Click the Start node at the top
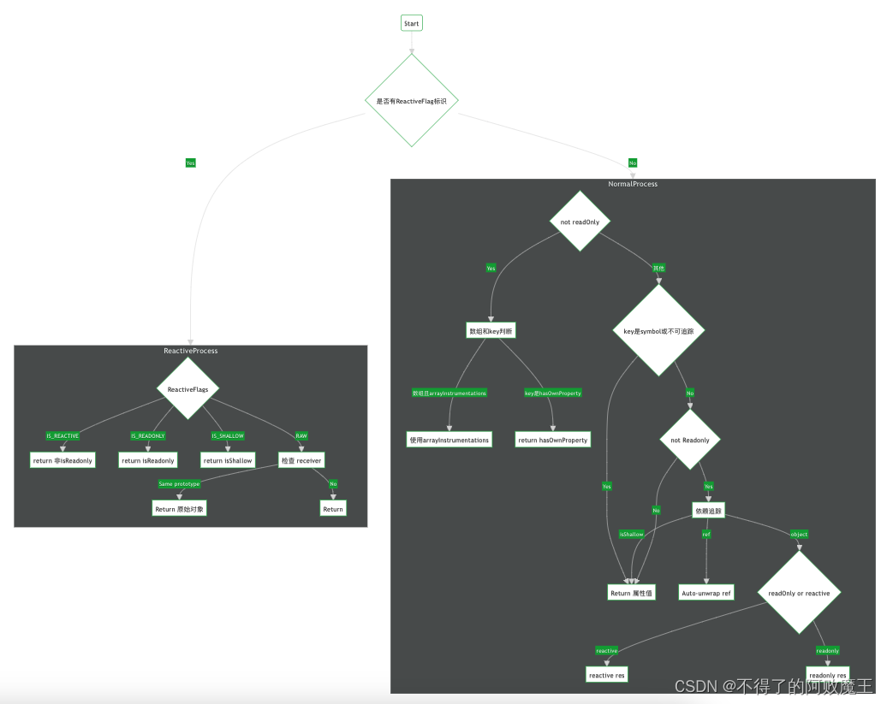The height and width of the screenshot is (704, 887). tap(411, 23)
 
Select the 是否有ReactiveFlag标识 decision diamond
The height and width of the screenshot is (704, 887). tap(411, 101)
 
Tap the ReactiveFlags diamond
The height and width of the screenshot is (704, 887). tap(188, 389)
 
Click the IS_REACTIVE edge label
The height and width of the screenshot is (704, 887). tap(63, 435)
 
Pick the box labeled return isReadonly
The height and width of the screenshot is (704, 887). tap(147, 460)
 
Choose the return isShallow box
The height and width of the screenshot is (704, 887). tap(228, 460)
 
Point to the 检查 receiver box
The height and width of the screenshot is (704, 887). tap(301, 460)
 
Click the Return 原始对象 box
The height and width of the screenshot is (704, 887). tap(179, 508)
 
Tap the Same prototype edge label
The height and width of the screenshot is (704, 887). tap(179, 484)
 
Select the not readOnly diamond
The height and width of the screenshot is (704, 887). tap(580, 222)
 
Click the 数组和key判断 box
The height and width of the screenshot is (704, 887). tap(491, 330)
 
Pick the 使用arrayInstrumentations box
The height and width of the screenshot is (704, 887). tap(449, 440)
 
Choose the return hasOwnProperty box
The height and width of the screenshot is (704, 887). tap(552, 440)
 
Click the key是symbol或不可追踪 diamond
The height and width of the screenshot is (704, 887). tap(658, 330)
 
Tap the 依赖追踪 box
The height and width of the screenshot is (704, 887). tap(707, 511)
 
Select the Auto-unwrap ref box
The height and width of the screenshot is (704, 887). tap(706, 592)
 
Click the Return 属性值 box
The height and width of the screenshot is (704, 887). tap(632, 592)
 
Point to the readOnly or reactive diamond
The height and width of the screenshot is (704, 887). tap(799, 592)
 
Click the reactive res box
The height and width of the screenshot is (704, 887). tap(607, 675)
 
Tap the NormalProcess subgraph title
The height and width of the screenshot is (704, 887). tap(633, 184)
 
